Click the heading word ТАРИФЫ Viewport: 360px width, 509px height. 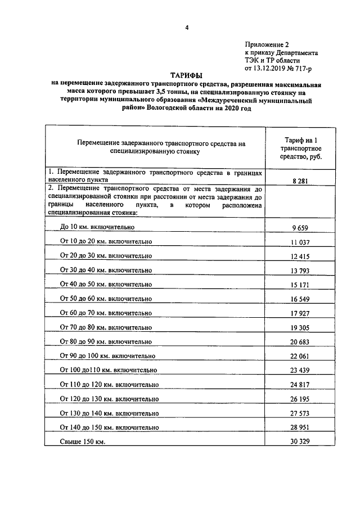pyautogui.click(x=186, y=75)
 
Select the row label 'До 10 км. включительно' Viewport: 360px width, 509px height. pyautogui.click(x=97, y=227)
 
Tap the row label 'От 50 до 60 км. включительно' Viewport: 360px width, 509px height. pyautogui.click(x=106, y=299)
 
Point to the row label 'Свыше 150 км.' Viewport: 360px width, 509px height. pyautogui.click(x=83, y=442)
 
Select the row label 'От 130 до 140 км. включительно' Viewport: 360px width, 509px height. pyautogui.click(x=109, y=413)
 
